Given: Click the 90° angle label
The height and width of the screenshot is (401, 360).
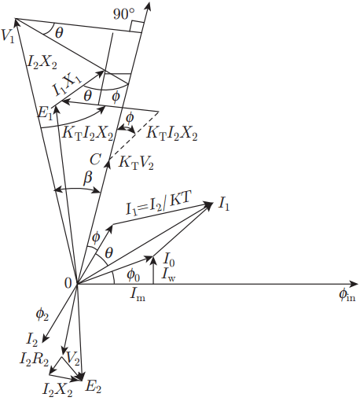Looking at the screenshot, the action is pos(124,14).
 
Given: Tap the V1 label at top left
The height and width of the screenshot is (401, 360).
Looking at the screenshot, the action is pos(8,35).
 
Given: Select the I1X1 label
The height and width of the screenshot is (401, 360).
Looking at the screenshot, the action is pos(67,84).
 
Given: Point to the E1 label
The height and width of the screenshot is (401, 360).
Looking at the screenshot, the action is pos(45,113).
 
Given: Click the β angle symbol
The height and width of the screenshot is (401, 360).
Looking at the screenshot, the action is pos(88,178).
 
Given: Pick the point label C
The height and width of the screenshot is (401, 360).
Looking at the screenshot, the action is pos(95,160).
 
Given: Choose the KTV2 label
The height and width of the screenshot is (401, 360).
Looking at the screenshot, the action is pos(136,163).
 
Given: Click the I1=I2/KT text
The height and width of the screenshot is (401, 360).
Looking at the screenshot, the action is pos(159,204).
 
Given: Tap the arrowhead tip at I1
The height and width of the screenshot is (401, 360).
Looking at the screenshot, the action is pos(213,202).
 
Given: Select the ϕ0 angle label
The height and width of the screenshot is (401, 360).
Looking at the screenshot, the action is pos(134,275).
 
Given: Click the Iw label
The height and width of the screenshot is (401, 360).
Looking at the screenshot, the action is pos(168,274).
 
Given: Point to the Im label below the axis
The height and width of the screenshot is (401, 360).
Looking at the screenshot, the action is pos(138,295).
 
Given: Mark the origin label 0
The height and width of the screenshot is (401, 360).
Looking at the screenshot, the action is pos(68,283).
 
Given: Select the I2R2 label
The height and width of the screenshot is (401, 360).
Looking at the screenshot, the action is pos(34,359).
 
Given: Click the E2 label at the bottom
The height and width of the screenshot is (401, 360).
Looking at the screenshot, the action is pos(94,387).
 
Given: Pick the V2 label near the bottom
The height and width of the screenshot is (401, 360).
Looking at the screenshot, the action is pos(72,358).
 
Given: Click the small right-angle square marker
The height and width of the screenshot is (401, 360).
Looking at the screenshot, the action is pos(137,27).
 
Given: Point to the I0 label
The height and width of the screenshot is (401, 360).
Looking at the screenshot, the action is pos(169,259).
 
